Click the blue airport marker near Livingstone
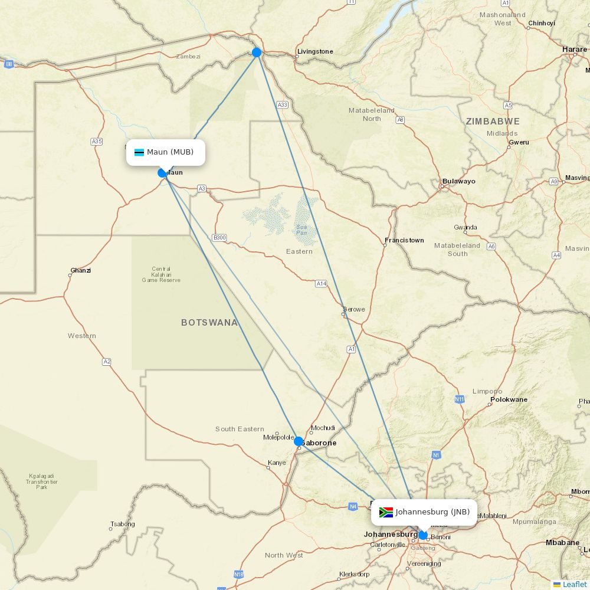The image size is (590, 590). click(x=257, y=53)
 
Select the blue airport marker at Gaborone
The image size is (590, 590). click(x=299, y=441)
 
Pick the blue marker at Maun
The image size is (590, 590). click(x=162, y=173)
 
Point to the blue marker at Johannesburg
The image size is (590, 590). click(x=423, y=535)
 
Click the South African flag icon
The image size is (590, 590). click(x=386, y=512)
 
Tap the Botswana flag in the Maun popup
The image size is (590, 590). click(x=139, y=153)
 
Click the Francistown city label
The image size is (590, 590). click(x=404, y=240)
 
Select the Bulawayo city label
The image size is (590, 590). click(x=458, y=181)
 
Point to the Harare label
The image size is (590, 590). click(x=574, y=50)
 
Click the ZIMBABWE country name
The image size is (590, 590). click(x=493, y=122)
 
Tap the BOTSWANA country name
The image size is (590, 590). click(x=209, y=323)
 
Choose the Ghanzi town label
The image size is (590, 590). click(x=81, y=271)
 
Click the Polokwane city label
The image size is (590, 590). click(x=509, y=399)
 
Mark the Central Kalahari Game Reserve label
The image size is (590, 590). click(x=161, y=274)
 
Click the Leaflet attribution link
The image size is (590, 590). click(x=574, y=584)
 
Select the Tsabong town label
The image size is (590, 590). click(x=122, y=524)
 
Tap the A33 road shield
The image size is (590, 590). click(x=283, y=104)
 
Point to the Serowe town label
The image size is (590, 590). click(x=354, y=309)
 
